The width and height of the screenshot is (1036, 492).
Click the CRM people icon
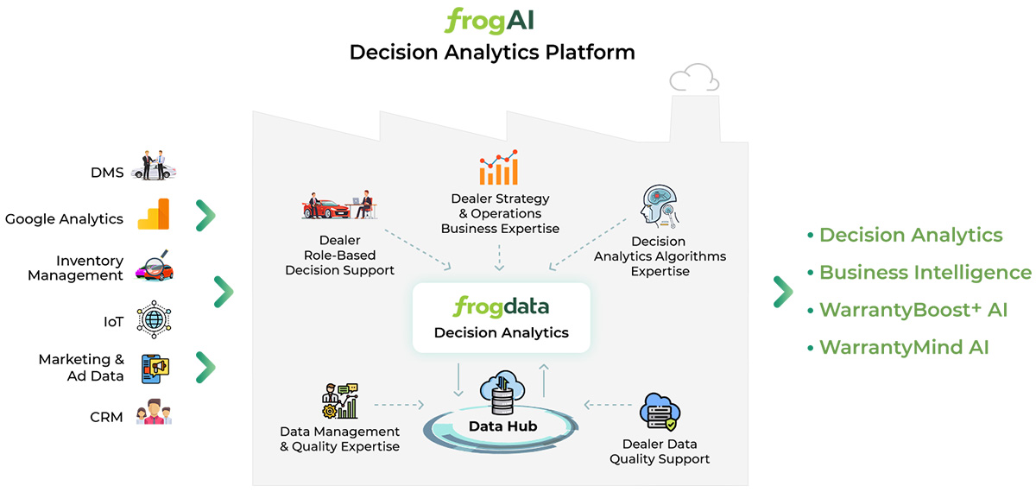(154, 413)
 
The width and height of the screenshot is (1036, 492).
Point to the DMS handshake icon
(154, 166)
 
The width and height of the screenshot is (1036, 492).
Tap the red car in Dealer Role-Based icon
(321, 208)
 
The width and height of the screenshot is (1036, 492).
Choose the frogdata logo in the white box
(501, 307)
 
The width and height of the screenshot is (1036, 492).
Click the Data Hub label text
(502, 426)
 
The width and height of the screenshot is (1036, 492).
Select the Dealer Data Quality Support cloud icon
(660, 412)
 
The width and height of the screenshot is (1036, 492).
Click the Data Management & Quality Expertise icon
(338, 402)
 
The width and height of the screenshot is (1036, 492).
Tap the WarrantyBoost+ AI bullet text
(913, 310)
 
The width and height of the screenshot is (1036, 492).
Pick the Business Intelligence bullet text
(925, 273)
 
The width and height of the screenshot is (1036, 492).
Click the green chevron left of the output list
(782, 292)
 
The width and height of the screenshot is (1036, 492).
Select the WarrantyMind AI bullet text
(904, 348)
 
